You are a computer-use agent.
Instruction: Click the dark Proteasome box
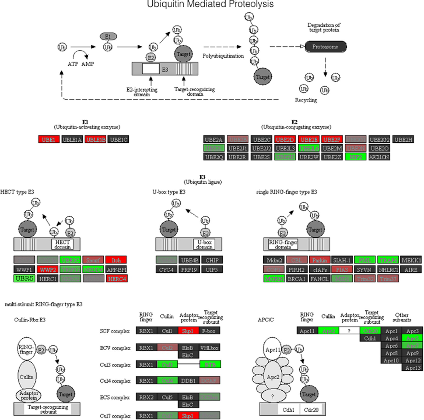pyautogui.click(x=326, y=47)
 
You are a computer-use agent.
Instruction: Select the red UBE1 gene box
pyautogui.click(x=49, y=140)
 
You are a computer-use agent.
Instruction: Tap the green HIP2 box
pyautogui.click(x=356, y=157)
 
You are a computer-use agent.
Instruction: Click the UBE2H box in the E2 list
pyautogui.click(x=403, y=140)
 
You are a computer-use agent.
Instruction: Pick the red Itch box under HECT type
pyautogui.click(x=116, y=260)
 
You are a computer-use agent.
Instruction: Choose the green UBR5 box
pyautogui.click(x=24, y=278)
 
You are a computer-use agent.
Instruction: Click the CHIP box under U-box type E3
pyautogui.click(x=212, y=260)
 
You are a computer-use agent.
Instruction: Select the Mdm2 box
pyautogui.click(x=274, y=260)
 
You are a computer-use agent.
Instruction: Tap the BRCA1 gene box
pyautogui.click(x=296, y=279)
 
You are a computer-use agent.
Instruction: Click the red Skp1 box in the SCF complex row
pyautogui.click(x=188, y=331)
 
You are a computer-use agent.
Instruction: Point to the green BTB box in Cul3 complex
pyautogui.click(x=210, y=364)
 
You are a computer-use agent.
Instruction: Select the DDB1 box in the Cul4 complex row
pyautogui.click(x=188, y=380)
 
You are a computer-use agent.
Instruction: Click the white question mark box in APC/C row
pyautogui.click(x=349, y=331)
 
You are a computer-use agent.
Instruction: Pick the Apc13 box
pyautogui.click(x=412, y=368)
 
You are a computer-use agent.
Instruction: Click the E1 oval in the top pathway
pyautogui.click(x=108, y=36)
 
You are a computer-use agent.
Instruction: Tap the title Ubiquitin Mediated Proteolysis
pyautogui.click(x=210, y=4)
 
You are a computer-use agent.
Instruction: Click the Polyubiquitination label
pyautogui.click(x=223, y=56)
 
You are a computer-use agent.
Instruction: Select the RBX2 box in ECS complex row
pyautogui.click(x=146, y=397)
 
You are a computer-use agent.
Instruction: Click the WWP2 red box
pyautogui.click(x=48, y=270)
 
